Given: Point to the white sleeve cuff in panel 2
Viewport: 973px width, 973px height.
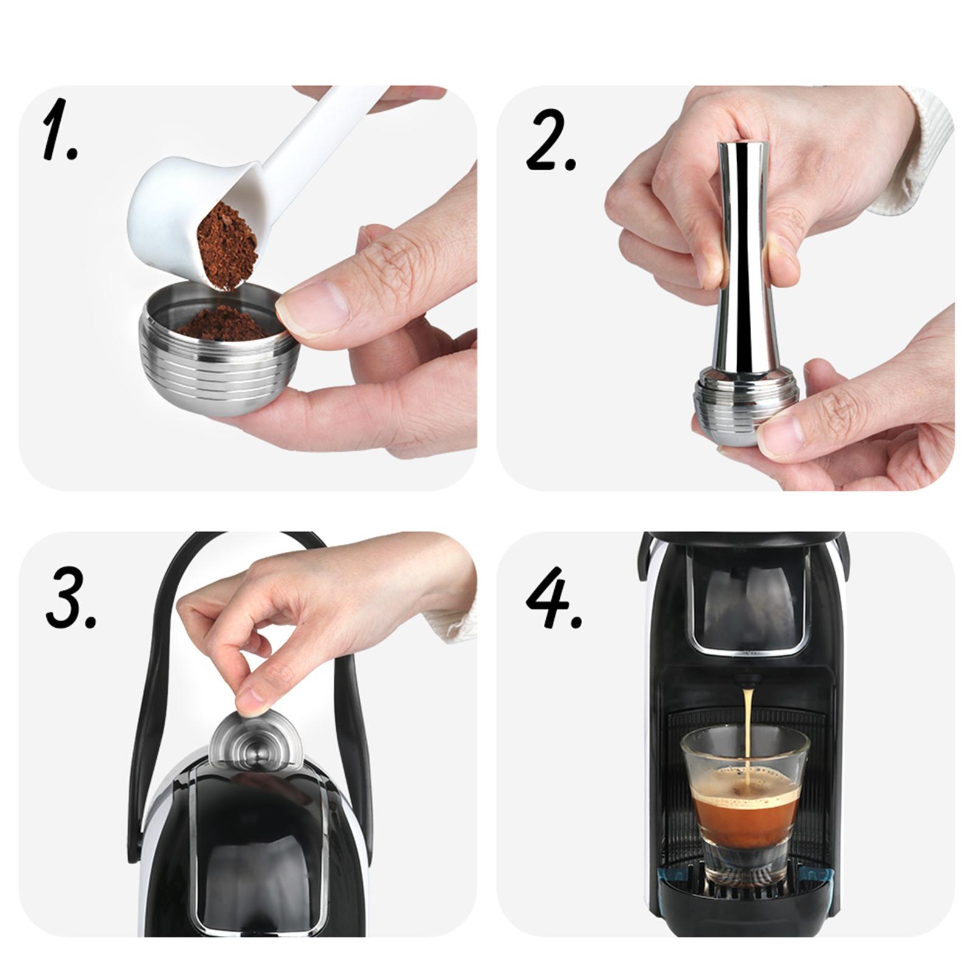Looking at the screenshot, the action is click(912, 158).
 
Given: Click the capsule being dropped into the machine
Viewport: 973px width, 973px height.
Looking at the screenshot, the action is click(256, 739).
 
